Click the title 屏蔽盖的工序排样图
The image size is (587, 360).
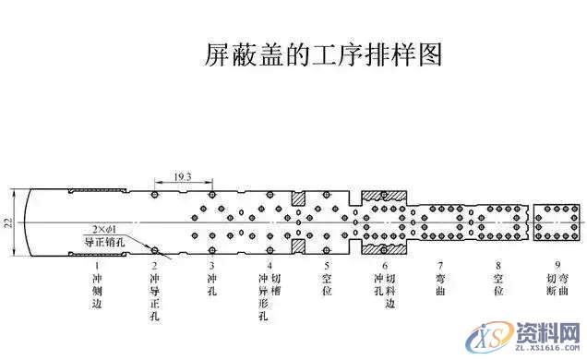pos(323,54)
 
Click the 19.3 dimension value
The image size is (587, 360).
pos(182,175)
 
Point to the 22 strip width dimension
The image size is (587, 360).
pos(9,222)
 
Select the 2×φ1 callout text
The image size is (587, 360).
pos(107,228)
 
